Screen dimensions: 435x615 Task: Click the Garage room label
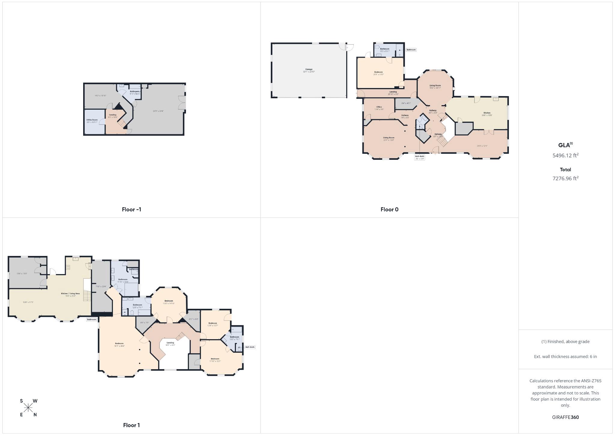(x=309, y=69)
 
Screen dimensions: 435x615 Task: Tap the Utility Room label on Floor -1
(x=92, y=120)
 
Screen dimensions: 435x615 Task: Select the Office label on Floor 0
(x=379, y=107)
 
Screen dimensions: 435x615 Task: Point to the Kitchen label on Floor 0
(x=487, y=113)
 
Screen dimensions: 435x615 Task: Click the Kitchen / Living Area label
(x=70, y=294)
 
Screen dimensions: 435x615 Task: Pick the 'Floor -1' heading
(x=131, y=209)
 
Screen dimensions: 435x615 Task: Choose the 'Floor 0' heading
(x=389, y=209)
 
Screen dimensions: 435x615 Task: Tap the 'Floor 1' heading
(x=131, y=425)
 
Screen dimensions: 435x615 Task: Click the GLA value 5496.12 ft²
(x=565, y=155)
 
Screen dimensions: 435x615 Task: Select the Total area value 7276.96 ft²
(x=565, y=178)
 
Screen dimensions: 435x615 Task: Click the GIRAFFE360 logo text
(x=565, y=417)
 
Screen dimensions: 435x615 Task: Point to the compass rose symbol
(x=29, y=408)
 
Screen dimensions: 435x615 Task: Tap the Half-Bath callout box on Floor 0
(x=420, y=157)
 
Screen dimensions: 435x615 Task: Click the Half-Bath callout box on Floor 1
(x=250, y=347)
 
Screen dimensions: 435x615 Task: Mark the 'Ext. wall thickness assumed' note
(x=565, y=357)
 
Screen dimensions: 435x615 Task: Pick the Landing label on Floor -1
(x=113, y=115)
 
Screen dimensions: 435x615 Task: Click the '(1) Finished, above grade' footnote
(x=565, y=342)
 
